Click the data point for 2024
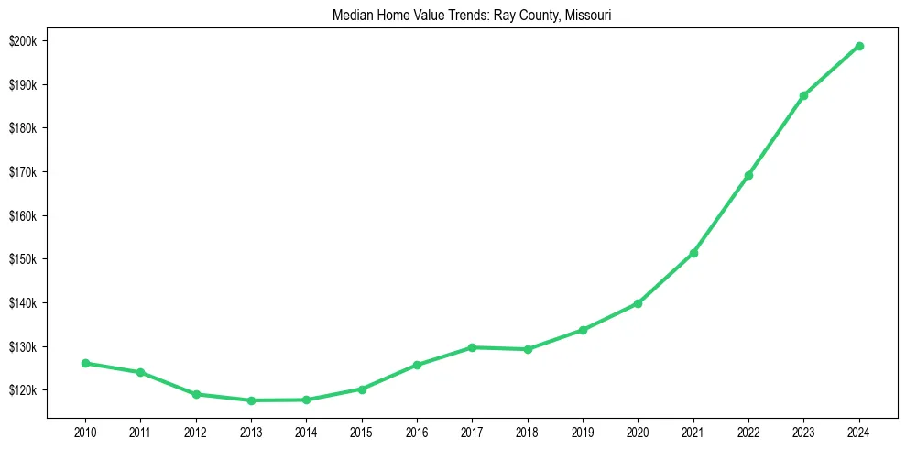coord(859,46)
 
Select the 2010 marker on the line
coord(85,363)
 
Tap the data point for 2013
coord(251,400)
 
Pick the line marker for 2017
coord(472,347)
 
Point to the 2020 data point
coord(638,303)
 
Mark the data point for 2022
coord(748,175)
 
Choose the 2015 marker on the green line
coord(362,389)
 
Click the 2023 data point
coord(803,95)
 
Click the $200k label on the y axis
coord(24,41)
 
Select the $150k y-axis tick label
coord(24,259)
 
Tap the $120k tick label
coord(24,390)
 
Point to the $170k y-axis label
coord(24,172)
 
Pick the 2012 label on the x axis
coord(196,431)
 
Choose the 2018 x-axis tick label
coord(528,431)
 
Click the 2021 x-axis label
coord(693,431)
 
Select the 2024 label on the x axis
coord(859,431)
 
